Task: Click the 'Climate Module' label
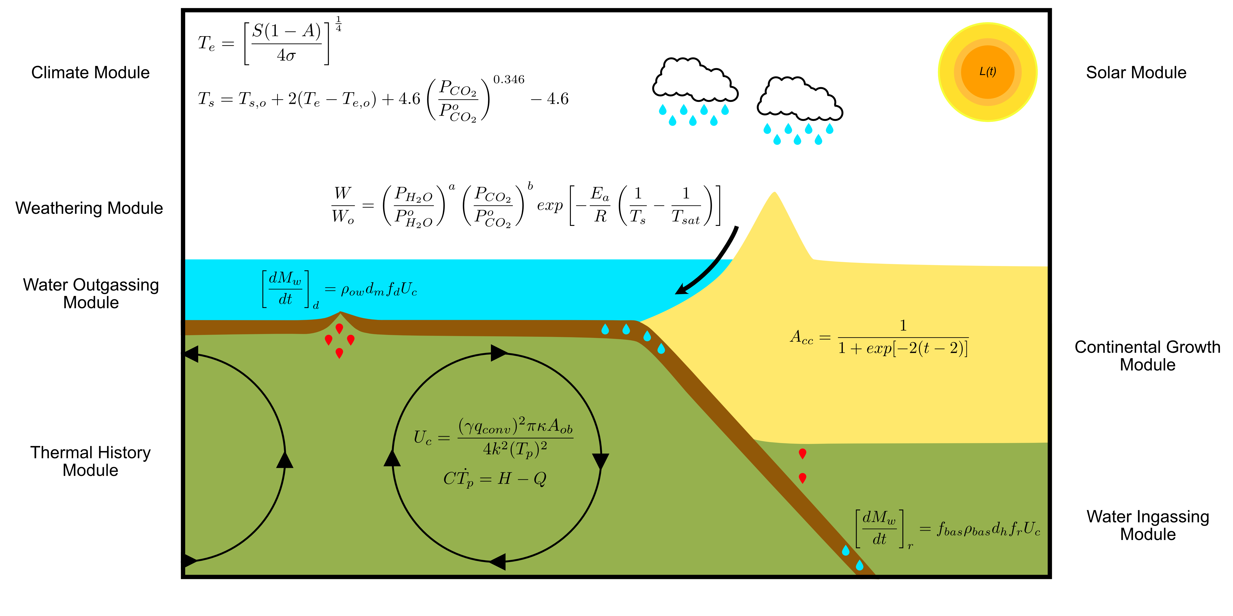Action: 90,73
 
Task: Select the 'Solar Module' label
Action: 1136,73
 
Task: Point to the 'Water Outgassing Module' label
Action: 91,294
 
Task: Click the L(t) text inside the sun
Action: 988,72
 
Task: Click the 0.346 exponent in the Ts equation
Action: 509,79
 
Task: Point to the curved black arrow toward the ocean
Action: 713,263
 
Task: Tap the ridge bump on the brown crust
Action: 340,314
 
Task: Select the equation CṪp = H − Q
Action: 494,478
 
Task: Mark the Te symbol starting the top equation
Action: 206,44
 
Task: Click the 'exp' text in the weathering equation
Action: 550,206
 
